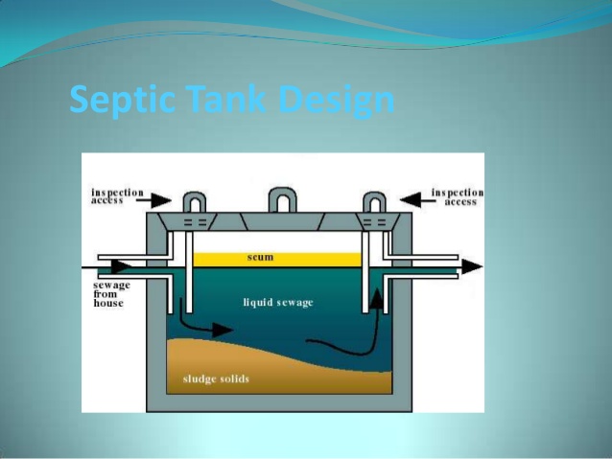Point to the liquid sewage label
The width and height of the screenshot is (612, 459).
pyautogui.click(x=278, y=303)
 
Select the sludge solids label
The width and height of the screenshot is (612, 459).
pyautogui.click(x=216, y=379)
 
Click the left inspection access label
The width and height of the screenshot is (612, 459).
pyautogui.click(x=117, y=196)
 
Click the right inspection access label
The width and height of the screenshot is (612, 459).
pyautogui.click(x=457, y=196)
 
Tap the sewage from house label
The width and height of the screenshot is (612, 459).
pyautogui.click(x=107, y=294)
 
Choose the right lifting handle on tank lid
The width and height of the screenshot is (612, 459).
pyautogui.click(x=372, y=203)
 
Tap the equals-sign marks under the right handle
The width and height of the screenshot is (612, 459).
pyautogui.click(x=372, y=222)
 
